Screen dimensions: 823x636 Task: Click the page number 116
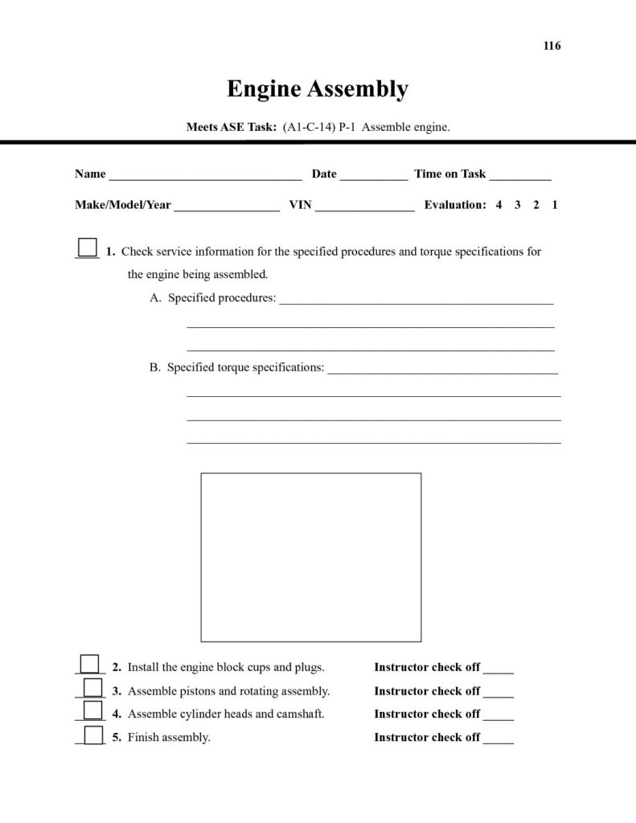point(552,46)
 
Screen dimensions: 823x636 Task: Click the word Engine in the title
point(265,88)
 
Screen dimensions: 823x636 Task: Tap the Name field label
point(90,174)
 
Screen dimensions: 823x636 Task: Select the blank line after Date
point(373,177)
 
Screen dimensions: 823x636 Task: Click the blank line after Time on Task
point(519,177)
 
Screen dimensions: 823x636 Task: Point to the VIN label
point(300,205)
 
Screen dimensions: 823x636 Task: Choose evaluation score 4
point(499,205)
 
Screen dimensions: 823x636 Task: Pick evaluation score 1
point(555,205)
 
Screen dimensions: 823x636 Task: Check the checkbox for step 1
point(87,247)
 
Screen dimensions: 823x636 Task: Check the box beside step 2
point(90,663)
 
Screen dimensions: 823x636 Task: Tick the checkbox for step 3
point(93,687)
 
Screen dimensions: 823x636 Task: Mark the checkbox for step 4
point(93,710)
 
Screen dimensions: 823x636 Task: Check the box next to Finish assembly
point(93,734)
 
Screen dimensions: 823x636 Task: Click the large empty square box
point(310,557)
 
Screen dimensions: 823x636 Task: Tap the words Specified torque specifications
point(245,367)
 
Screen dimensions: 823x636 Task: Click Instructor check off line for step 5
point(499,740)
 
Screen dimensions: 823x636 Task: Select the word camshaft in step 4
point(301,714)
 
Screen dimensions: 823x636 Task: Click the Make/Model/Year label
point(123,205)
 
